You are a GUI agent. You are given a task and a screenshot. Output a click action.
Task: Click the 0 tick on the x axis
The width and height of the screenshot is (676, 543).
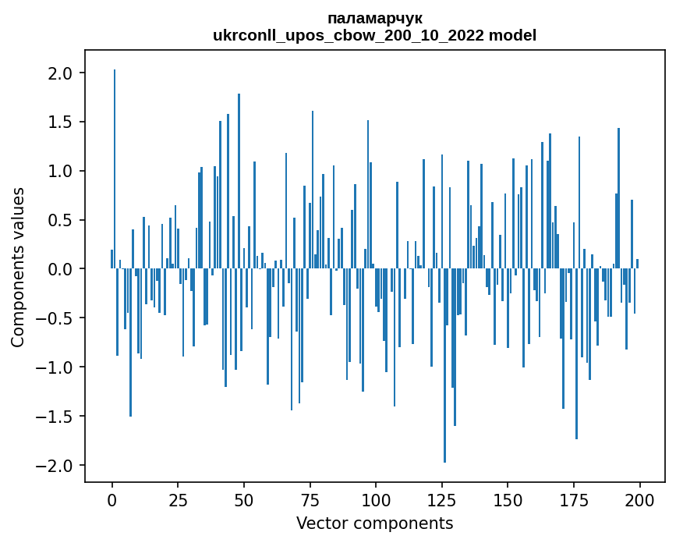click(x=112, y=499)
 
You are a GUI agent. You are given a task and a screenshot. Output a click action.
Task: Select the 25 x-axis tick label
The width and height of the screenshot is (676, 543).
click(x=178, y=499)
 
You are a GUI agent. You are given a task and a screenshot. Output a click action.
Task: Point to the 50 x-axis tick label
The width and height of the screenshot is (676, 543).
click(x=244, y=499)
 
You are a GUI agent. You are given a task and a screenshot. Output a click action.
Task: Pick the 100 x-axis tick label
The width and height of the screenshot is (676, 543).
click(x=376, y=499)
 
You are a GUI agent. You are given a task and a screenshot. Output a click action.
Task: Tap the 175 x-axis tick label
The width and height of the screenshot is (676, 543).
click(x=574, y=499)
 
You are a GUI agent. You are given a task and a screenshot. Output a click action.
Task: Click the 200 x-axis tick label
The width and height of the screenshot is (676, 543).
click(x=639, y=499)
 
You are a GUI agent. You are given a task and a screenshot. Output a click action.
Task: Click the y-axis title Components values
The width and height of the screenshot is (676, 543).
click(x=18, y=267)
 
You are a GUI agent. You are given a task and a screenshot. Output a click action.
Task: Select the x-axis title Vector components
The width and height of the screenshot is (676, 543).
click(x=374, y=523)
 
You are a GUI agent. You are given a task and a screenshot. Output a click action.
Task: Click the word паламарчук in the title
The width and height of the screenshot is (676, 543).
click(x=375, y=18)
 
